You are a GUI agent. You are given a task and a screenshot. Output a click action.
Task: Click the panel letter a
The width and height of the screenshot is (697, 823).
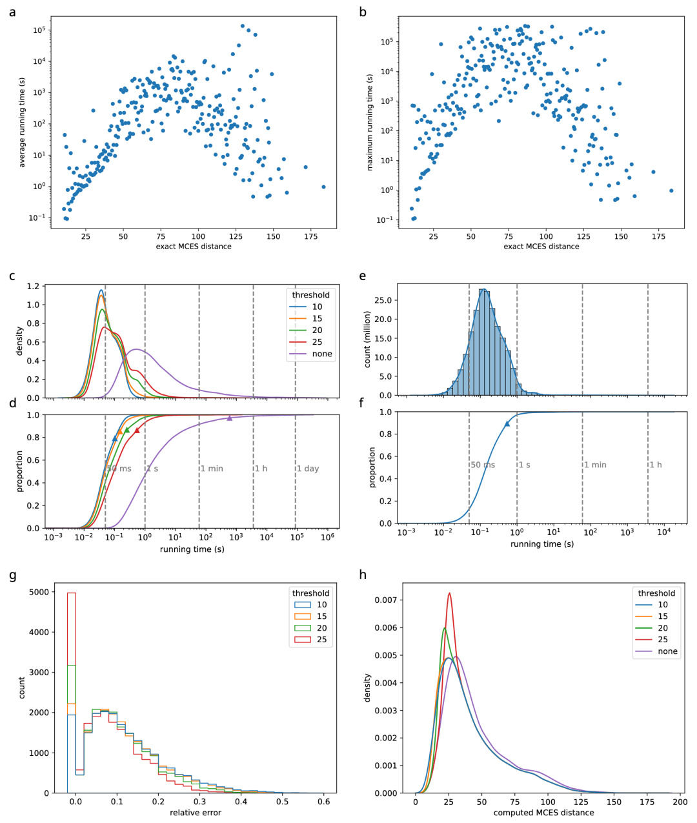[x=12, y=12]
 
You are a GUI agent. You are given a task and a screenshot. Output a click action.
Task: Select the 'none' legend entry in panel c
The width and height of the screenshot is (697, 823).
[x=321, y=353]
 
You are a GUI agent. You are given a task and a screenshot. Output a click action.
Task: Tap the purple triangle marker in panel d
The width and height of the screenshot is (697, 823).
[x=229, y=418]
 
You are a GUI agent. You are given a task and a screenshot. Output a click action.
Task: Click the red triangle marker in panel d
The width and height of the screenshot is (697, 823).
[x=137, y=430]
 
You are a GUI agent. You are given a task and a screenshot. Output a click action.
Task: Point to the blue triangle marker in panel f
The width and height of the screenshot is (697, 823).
[x=507, y=423]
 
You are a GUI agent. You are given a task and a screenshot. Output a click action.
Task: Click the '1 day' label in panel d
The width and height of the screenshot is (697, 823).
[x=308, y=469]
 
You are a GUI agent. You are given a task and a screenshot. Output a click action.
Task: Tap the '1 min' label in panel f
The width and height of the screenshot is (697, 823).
[x=595, y=465]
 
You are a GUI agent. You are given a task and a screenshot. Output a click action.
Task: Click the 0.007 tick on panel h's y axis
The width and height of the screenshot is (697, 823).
[x=387, y=600]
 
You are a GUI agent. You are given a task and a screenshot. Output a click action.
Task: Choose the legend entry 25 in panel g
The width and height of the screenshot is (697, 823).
[x=321, y=640]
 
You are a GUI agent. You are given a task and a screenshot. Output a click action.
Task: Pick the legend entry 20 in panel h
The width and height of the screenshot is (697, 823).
[x=663, y=628]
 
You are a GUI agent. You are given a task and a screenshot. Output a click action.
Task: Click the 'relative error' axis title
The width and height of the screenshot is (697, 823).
[x=195, y=813]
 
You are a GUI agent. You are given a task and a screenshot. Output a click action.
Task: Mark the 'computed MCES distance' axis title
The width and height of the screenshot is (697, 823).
[x=543, y=813]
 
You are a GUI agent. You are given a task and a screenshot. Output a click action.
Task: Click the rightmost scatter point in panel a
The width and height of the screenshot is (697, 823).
[x=323, y=187]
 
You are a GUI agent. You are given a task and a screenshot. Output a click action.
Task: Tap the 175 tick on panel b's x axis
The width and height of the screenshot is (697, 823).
[x=658, y=237]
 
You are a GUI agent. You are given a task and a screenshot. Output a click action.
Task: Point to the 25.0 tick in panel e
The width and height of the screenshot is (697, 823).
[x=385, y=300]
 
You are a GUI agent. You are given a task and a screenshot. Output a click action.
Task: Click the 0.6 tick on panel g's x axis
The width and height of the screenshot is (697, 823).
[x=323, y=802]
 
